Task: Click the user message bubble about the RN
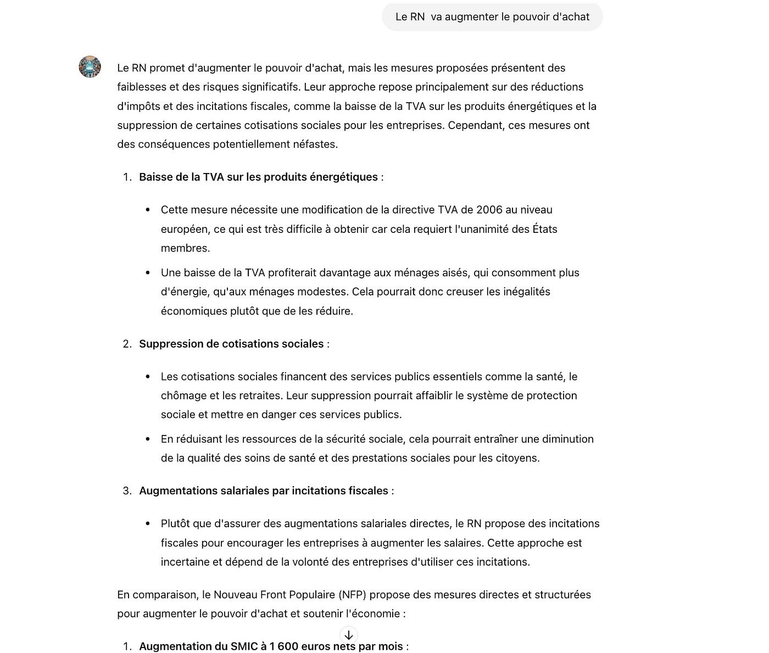click(492, 17)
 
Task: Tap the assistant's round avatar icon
click(90, 66)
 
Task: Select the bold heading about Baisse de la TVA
click(258, 177)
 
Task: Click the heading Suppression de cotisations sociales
click(231, 344)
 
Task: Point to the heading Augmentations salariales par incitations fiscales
click(264, 491)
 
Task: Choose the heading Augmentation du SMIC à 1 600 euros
click(271, 646)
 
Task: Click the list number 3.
click(127, 491)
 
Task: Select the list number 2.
click(127, 344)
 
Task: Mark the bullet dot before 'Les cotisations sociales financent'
click(148, 377)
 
